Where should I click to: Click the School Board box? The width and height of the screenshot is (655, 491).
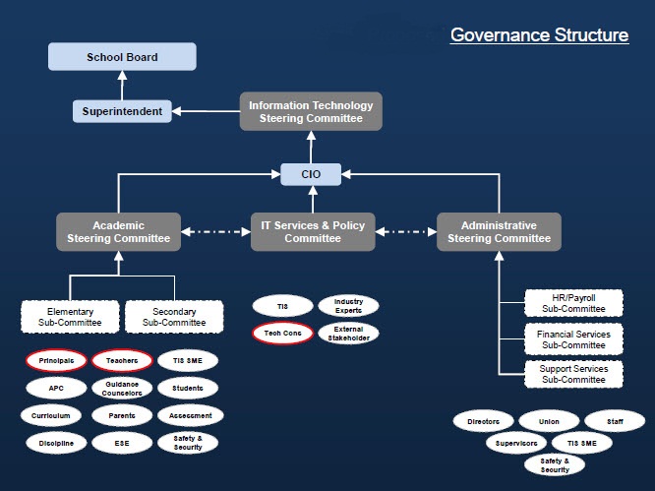(122, 57)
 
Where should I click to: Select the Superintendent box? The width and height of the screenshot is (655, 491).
(122, 110)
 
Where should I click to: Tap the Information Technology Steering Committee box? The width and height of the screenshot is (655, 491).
(311, 111)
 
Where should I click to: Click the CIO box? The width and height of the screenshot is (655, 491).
(311, 175)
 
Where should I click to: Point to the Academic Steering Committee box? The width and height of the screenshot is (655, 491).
(118, 231)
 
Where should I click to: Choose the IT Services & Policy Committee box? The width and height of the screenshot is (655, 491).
(313, 231)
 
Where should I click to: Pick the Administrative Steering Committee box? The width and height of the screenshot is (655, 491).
(499, 231)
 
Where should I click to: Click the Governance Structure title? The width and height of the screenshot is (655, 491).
(539, 35)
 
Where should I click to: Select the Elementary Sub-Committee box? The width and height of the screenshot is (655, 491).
(70, 317)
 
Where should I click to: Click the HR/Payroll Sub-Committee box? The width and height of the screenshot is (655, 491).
(573, 302)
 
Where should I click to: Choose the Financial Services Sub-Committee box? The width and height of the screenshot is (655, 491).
(573, 339)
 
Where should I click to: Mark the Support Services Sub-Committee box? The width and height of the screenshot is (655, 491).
(573, 374)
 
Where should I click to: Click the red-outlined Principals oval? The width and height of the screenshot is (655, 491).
(57, 361)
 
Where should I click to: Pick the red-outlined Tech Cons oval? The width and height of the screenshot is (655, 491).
(282, 334)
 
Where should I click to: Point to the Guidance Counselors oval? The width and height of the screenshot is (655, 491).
(121, 388)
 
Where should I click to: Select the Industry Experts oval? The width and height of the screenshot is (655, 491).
(348, 306)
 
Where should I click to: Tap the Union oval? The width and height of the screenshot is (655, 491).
(549, 421)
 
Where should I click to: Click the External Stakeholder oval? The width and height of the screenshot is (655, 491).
(348, 334)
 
